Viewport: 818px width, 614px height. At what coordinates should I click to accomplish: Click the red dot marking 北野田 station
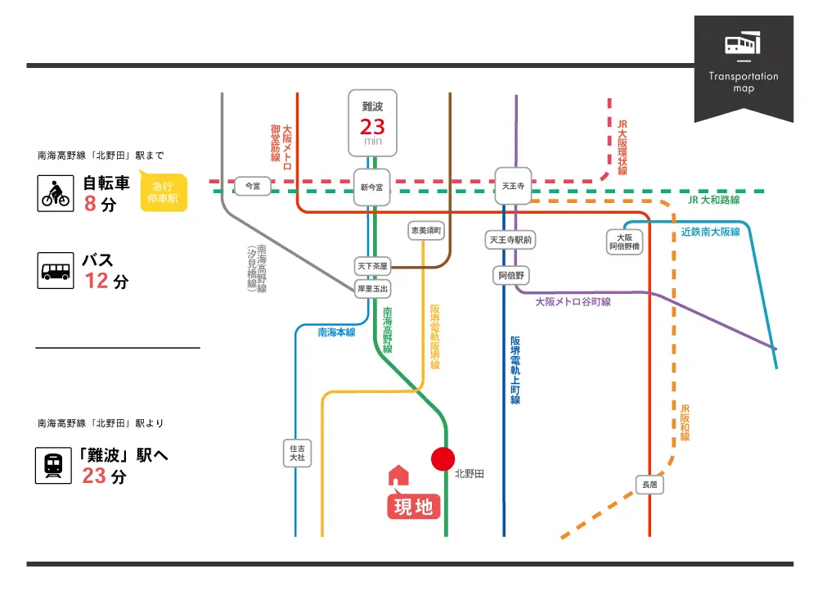point(443,458)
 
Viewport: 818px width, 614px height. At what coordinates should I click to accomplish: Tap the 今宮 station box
point(253,186)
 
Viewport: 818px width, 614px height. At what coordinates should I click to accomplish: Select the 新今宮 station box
point(371,187)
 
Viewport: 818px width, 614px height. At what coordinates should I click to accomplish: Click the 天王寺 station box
point(513,186)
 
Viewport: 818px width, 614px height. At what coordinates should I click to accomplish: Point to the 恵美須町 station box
point(426,231)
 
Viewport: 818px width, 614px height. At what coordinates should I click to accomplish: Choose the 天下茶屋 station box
point(372,266)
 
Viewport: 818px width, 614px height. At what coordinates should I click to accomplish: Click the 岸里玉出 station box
point(372,288)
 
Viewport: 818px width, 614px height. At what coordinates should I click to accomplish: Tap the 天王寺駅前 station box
point(510,240)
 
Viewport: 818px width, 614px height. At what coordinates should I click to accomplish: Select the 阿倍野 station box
point(513,276)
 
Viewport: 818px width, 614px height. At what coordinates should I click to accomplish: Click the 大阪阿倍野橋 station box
point(625,242)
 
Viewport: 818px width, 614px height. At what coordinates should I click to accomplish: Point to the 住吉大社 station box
point(297,453)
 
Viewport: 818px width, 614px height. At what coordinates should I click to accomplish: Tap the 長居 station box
point(649,485)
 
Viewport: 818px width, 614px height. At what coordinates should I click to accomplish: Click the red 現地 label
point(413,507)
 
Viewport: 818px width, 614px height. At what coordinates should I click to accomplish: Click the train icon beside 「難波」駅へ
point(52,465)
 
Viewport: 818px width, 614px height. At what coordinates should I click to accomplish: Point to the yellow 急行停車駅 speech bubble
point(164,192)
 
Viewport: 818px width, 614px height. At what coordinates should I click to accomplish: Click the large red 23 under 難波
point(372,127)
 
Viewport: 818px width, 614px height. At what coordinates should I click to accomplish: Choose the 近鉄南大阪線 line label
point(710,232)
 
